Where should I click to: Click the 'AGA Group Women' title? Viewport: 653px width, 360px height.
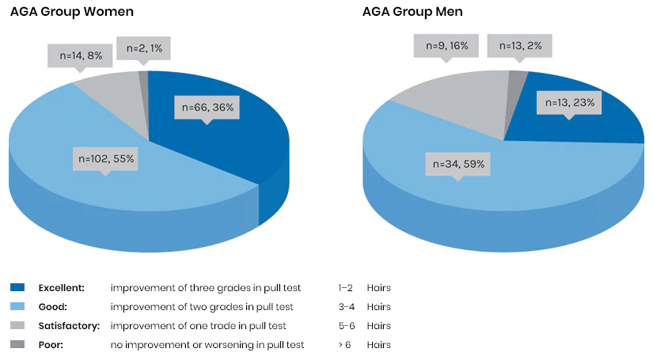[71, 12]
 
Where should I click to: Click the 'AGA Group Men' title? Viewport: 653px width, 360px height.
[412, 12]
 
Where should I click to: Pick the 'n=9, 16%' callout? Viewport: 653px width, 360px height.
[446, 45]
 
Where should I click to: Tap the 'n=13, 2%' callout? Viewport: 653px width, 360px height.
[519, 45]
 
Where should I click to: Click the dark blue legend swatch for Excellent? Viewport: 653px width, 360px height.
[18, 287]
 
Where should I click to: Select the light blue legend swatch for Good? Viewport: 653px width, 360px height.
[18, 306]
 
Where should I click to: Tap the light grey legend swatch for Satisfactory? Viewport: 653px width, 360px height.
[18, 325]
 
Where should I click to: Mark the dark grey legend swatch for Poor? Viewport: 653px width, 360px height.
[18, 344]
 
